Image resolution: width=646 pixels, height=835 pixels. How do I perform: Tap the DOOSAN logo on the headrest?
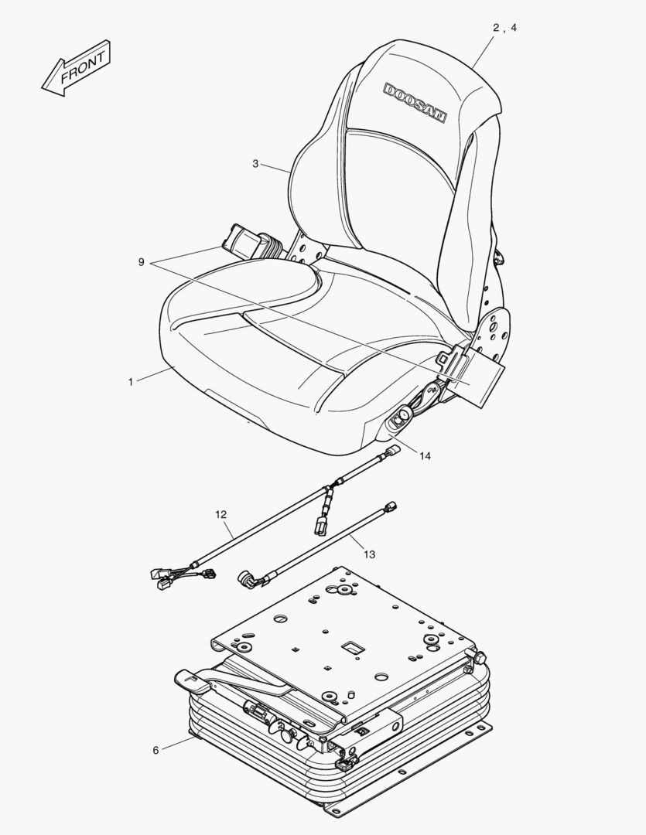pyautogui.click(x=415, y=102)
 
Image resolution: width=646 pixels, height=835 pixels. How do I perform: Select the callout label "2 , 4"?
pyautogui.click(x=504, y=28)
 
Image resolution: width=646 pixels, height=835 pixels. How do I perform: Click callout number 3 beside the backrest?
pyautogui.click(x=255, y=163)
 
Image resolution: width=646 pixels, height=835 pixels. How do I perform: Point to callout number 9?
pyautogui.click(x=142, y=262)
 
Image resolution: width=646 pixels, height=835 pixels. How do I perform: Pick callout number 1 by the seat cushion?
pyautogui.click(x=131, y=382)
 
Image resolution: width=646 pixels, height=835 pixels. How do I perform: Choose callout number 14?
pyautogui.click(x=425, y=455)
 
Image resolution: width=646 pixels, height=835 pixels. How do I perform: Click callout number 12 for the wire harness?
pyautogui.click(x=221, y=513)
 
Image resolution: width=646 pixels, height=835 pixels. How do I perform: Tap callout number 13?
pyautogui.click(x=369, y=554)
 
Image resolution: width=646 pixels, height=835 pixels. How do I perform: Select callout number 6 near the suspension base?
pyautogui.click(x=156, y=750)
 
